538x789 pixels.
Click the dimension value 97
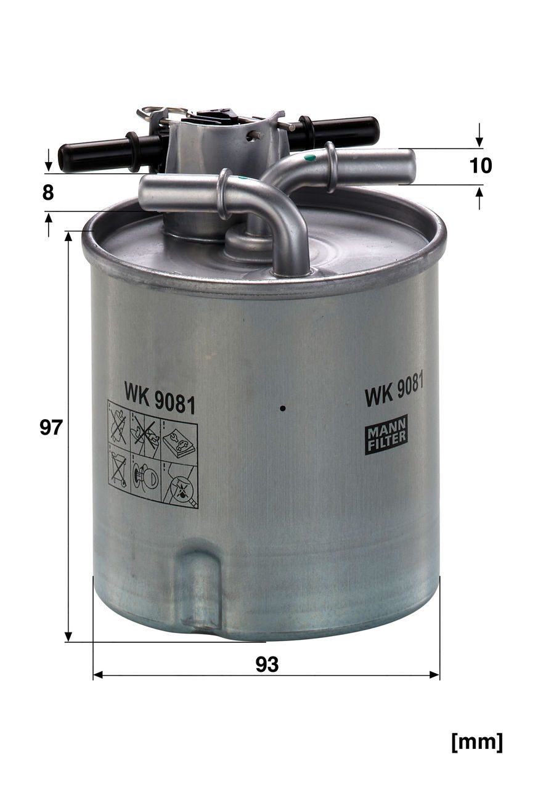click(51, 428)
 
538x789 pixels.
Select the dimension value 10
click(481, 165)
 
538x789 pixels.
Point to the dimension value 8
click(48, 193)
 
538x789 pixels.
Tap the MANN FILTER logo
click(386, 435)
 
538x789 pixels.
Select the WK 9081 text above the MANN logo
click(394, 390)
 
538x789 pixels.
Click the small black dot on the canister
click(282, 409)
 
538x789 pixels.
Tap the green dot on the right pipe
click(309, 157)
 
